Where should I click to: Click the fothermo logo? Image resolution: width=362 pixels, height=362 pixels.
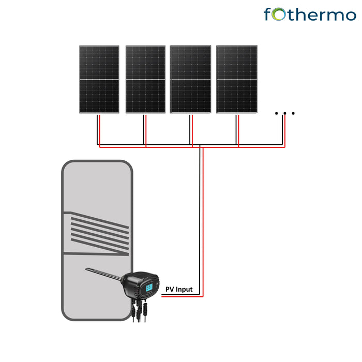coord(310,14)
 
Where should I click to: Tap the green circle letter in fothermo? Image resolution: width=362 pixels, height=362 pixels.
coord(278,14)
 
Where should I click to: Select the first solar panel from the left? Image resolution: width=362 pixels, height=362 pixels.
coord(99,80)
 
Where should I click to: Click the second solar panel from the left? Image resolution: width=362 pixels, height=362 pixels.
coord(145,80)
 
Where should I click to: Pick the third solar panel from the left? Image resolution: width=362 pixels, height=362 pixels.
coord(190,79)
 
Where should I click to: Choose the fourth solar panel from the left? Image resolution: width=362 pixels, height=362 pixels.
coord(237,79)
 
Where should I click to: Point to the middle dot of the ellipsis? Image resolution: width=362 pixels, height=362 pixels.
coord(284,113)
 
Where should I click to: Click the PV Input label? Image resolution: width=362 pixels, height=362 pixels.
coord(179,289)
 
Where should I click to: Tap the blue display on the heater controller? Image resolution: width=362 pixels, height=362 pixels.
coord(149,288)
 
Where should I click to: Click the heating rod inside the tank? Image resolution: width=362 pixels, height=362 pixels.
coord(103,274)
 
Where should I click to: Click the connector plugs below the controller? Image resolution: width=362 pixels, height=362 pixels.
coord(139,310)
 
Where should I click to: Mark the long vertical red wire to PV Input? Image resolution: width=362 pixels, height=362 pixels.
coord(203,222)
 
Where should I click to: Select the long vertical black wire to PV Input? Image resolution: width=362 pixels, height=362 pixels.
coord(200,220)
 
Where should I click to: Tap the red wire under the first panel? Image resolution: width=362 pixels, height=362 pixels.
coord(100,131)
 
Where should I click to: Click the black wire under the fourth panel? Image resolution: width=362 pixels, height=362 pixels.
coord(236,130)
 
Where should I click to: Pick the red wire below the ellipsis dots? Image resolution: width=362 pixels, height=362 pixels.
coord(285,131)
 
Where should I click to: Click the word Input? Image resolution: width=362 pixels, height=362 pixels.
coord(184,290)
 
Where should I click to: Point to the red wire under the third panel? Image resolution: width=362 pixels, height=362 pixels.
coord(192,131)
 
